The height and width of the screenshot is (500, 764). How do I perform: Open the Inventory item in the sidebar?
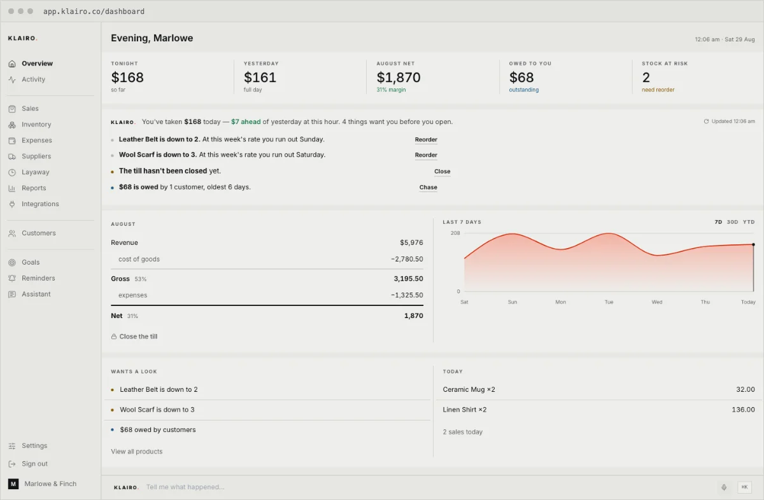[x=36, y=125]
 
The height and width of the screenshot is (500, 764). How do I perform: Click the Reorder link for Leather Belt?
[x=426, y=139]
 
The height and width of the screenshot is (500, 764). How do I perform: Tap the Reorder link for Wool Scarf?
[x=426, y=155]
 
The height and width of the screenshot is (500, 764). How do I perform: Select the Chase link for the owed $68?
[x=428, y=187]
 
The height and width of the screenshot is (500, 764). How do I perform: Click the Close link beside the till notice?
[x=442, y=171]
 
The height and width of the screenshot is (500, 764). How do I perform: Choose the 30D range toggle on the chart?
[x=732, y=222]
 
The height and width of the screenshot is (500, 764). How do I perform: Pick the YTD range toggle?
[x=749, y=222]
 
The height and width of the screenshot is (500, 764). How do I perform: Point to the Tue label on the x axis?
[x=609, y=302]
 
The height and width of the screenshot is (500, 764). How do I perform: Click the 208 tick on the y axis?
[x=455, y=233]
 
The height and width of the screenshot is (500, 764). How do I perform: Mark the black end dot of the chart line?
[x=753, y=244]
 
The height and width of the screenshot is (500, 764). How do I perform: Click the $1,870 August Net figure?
[x=399, y=78]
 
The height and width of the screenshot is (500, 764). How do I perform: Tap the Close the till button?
[x=134, y=337]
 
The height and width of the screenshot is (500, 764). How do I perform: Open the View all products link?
[x=136, y=451]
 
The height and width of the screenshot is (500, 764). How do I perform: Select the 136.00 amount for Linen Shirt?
[x=743, y=409]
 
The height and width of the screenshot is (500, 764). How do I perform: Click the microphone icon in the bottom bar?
[x=724, y=487]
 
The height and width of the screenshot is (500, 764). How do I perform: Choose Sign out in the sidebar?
[x=34, y=464]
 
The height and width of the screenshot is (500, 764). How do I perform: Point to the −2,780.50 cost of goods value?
[x=407, y=259]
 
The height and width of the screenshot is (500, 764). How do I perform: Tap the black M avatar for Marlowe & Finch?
[x=13, y=483]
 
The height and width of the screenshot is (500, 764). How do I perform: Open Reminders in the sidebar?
[x=38, y=278]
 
